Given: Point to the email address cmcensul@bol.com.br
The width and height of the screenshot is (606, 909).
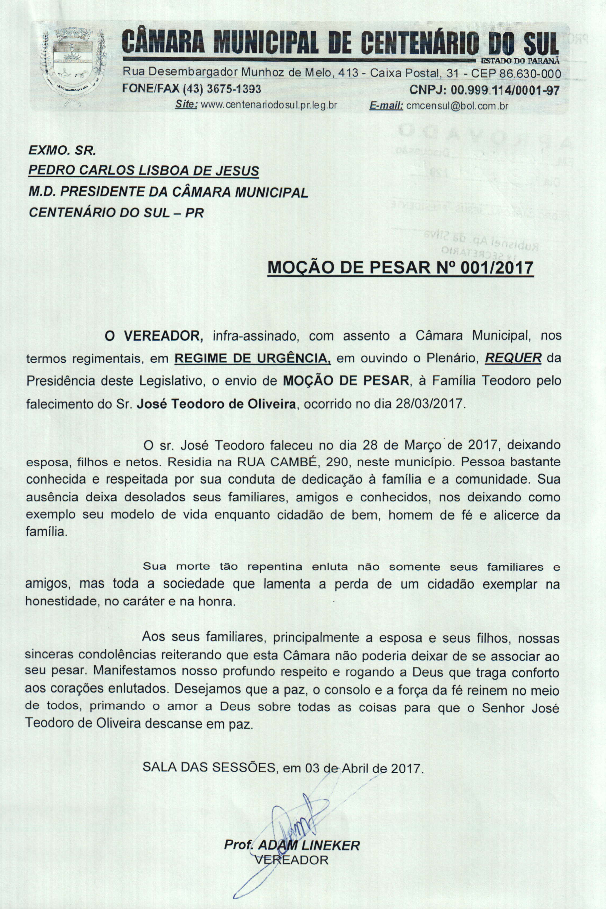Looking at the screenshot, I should pyautogui.click(x=457, y=105).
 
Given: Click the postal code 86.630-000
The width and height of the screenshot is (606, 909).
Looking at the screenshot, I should pyautogui.click(x=530, y=73).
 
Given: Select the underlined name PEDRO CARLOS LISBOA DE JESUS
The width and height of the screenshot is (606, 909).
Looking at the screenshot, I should pyautogui.click(x=144, y=170).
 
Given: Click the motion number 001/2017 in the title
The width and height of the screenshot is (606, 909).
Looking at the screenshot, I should pyautogui.click(x=495, y=268).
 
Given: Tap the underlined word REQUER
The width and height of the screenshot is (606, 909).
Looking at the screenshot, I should pyautogui.click(x=513, y=358).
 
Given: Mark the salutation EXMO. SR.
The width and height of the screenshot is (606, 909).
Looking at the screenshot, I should pyautogui.click(x=62, y=150).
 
